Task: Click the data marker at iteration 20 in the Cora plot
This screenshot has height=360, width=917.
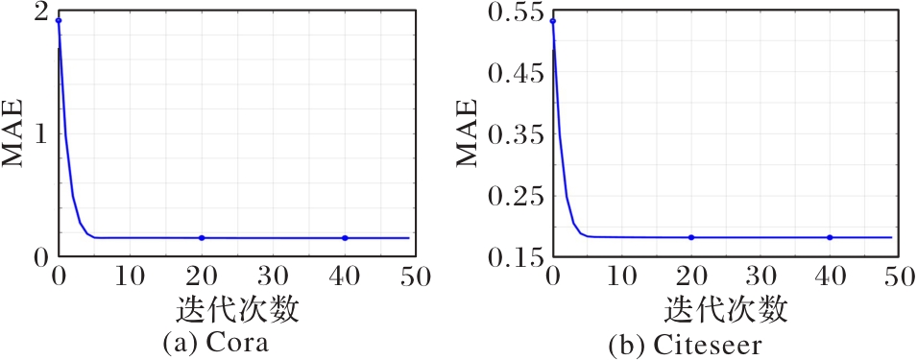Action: coord(202,238)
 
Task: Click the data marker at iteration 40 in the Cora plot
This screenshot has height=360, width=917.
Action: coord(345,238)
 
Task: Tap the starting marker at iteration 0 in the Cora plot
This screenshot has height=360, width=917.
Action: coord(59,21)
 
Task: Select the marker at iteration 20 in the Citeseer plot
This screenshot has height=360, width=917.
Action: coord(691,237)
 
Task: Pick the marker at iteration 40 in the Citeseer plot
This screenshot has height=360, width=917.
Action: coord(830,237)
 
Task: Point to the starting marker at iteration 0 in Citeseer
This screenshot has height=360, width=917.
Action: coord(553,22)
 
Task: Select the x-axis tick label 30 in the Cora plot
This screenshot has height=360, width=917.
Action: coord(273,276)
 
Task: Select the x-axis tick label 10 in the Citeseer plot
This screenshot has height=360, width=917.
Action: coord(621,276)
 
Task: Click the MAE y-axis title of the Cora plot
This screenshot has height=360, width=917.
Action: coord(12,133)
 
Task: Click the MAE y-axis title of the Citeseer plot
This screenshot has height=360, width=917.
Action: coord(466,133)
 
